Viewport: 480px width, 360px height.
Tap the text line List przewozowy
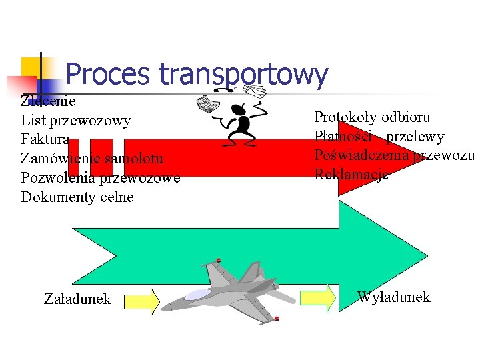[76, 121]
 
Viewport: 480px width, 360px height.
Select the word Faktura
[45, 139]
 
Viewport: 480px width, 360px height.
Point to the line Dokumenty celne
[77, 197]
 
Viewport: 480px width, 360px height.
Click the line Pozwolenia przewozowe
[100, 178]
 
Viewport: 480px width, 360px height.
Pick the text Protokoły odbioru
[372, 117]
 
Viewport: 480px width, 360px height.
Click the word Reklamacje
[351, 175]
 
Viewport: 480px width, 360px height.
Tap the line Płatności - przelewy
[379, 137]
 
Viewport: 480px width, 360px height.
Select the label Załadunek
[77, 299]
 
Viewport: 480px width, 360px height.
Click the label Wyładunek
[393, 297]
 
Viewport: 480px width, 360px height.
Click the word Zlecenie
[48, 102]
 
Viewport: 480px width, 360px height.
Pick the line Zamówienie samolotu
[92, 159]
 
